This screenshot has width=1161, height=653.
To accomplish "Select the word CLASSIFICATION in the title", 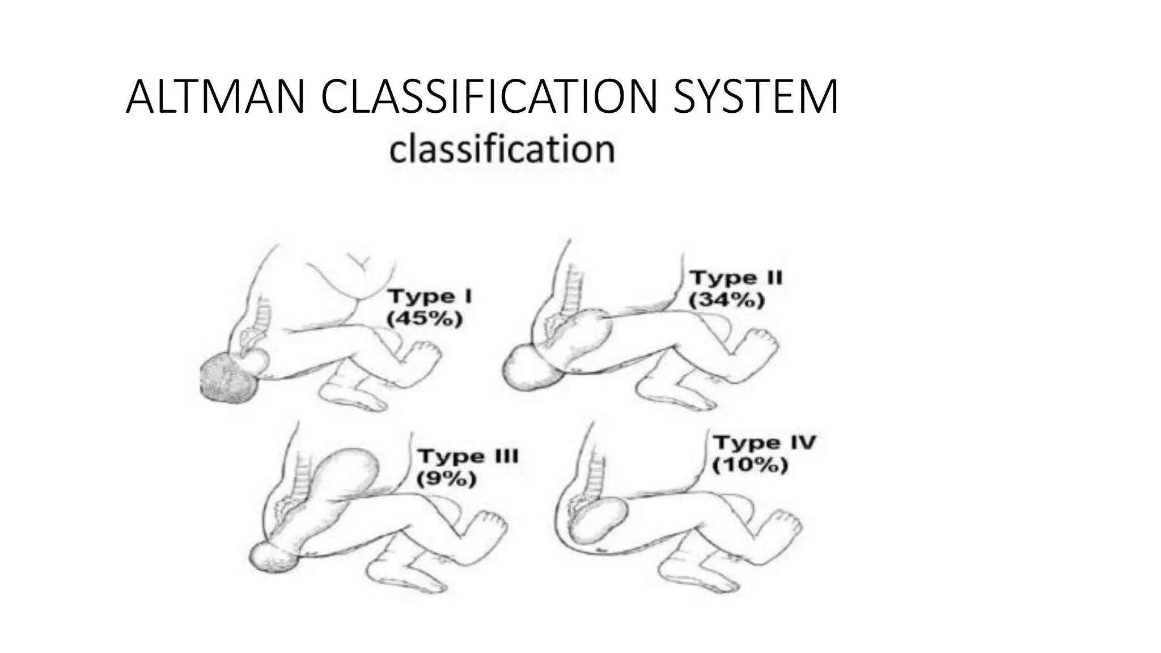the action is (485, 97).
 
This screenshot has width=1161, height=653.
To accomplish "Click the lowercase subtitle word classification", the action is (502, 150).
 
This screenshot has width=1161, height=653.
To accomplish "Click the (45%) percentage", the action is (425, 319).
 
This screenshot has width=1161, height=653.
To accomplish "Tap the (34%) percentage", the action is (727, 300).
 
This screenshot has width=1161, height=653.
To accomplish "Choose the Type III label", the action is (468, 456).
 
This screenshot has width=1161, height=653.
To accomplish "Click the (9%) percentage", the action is (447, 480).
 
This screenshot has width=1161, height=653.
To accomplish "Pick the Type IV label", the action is (764, 443).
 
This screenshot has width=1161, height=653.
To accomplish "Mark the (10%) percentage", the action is (750, 465).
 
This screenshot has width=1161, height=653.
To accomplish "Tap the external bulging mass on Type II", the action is (530, 368).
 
